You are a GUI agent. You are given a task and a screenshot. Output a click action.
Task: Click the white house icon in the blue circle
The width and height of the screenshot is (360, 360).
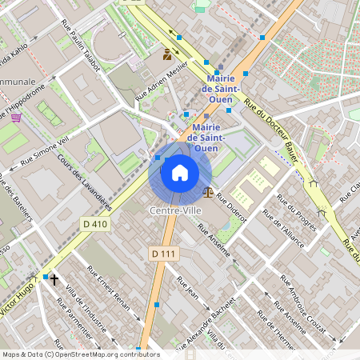[x=180, y=173]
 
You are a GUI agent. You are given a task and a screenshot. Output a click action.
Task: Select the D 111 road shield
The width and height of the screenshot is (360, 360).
[x=163, y=253]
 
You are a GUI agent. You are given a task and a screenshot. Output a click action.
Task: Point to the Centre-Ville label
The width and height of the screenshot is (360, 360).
[x=174, y=210]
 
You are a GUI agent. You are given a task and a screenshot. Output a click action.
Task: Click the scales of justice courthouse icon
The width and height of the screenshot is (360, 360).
[x=209, y=192]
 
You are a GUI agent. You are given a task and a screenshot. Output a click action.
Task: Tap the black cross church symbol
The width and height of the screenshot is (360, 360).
[x=54, y=279]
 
